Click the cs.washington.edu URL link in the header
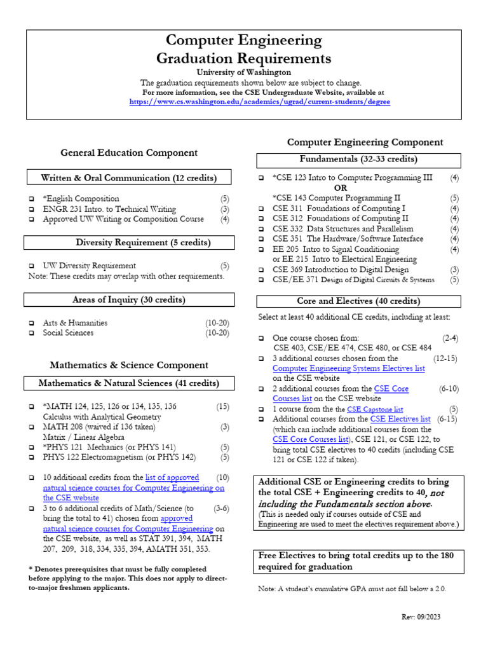point(260,102)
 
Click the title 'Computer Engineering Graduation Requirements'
point(244,50)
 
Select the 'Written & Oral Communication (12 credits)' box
point(128,177)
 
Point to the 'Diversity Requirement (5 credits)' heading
point(143,243)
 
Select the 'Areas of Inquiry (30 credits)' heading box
point(128,299)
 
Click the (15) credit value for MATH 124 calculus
point(222,406)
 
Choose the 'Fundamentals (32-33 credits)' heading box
point(358,160)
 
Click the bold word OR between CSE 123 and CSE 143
point(341,188)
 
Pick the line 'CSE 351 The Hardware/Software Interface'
point(348,239)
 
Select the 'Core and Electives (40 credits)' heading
point(358,301)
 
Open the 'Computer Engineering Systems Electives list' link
point(348,368)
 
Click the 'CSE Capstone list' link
point(374,409)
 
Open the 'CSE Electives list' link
point(400,419)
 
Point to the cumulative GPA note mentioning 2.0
point(352,589)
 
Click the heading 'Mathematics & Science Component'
point(129,365)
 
